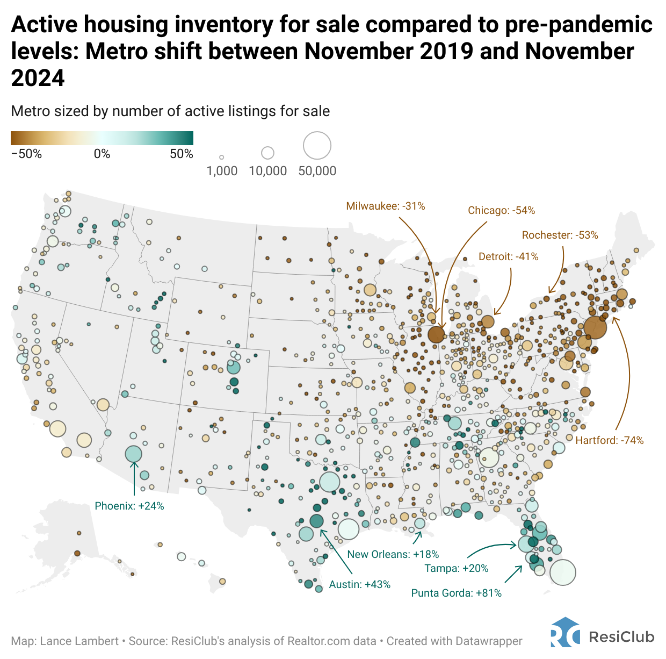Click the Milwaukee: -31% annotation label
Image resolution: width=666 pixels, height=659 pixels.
386,206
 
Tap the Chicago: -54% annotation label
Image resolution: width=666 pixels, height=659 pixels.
501,210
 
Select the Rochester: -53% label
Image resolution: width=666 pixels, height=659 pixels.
560,235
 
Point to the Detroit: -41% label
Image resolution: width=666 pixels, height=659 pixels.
508,256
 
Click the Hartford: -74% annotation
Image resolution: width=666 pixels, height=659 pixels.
609,440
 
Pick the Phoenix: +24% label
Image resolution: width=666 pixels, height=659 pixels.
129,506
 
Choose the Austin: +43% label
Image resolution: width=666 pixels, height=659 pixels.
360,584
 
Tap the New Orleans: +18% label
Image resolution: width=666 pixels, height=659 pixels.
393,554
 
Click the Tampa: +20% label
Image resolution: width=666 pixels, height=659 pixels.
457,568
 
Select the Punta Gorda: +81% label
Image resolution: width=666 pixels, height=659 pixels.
457,593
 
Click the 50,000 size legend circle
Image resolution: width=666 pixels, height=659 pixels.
317,146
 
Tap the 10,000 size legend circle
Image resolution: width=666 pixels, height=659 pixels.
267,153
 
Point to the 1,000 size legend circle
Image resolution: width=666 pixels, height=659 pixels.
221,157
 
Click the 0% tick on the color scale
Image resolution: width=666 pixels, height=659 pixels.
102,154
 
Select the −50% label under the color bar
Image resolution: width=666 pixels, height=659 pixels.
26,154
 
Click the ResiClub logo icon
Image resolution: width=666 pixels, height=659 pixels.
565,633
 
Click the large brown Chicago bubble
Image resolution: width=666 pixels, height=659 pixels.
436,334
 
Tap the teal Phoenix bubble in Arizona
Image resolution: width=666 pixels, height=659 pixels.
133,454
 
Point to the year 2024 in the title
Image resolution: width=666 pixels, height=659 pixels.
38,78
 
